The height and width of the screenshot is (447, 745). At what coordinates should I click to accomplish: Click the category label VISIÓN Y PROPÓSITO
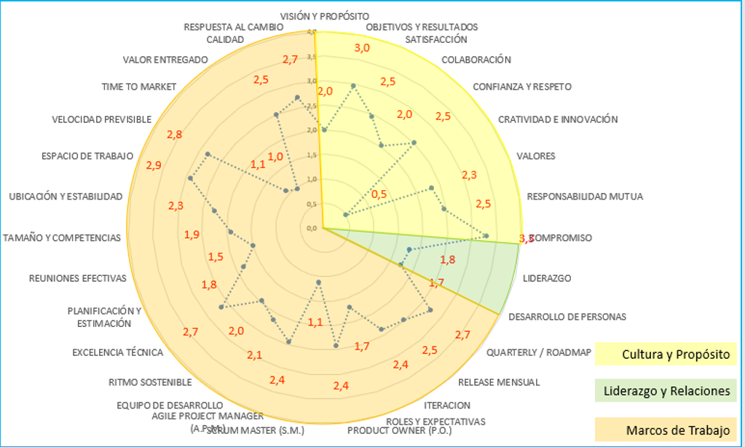point(324,15)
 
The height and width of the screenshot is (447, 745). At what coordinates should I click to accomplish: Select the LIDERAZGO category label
point(546,277)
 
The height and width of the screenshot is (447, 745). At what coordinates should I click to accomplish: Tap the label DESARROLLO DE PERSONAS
point(567,316)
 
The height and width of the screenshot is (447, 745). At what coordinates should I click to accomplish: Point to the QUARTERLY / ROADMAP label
point(538,352)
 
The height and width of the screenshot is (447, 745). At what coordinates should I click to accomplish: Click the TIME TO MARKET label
point(139,86)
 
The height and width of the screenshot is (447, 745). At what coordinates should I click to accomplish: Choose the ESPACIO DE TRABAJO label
point(87,155)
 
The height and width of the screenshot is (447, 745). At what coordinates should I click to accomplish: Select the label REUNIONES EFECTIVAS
point(78,277)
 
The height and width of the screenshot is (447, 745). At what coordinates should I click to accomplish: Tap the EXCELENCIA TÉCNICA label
point(117,352)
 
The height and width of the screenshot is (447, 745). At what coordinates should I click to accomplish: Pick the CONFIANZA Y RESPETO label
point(522,86)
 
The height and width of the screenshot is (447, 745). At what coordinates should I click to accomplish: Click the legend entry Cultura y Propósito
point(675,355)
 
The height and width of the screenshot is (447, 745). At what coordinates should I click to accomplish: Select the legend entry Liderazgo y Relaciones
point(666,391)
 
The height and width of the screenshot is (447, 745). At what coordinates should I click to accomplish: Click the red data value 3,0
point(362,48)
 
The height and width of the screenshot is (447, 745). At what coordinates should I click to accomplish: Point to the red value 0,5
point(379,194)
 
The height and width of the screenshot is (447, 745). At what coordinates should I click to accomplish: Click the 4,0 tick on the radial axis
point(312,32)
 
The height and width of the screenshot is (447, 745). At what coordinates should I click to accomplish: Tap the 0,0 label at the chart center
point(312,228)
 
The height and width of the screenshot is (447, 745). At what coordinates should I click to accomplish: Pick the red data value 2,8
point(174,134)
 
